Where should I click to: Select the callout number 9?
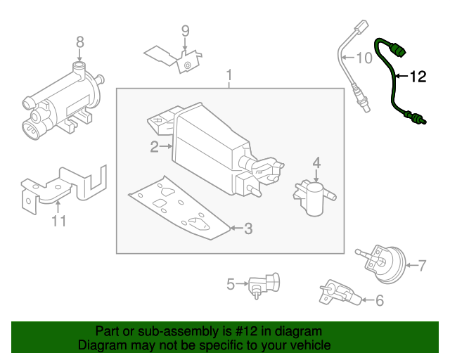pos(186,30)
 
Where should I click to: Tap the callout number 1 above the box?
pos(229,75)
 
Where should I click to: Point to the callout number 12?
pos(418,77)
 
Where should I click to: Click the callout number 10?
pos(365,58)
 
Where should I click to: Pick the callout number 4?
pos(316,163)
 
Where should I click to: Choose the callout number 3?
pos(247,229)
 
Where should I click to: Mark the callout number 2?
pos(153,146)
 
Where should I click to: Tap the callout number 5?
pos(230,285)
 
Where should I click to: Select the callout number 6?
pos(379,301)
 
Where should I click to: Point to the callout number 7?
pos(422,265)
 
